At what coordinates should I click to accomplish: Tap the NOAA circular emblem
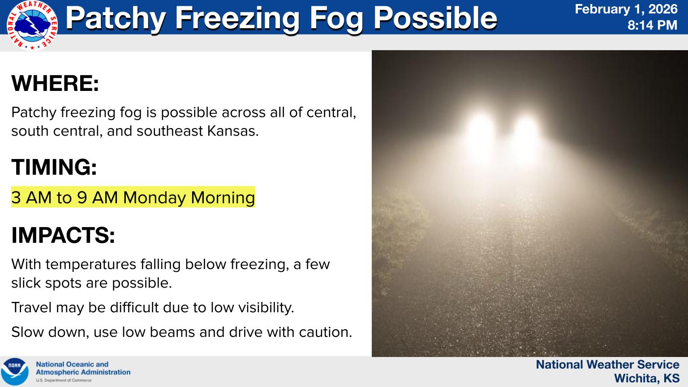[x=15, y=371]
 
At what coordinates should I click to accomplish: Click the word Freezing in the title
[x=237, y=18]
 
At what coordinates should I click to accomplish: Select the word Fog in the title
[x=335, y=18]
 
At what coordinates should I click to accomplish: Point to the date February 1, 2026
[x=626, y=9]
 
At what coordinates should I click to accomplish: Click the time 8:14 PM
[x=652, y=25]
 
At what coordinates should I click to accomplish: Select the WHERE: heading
[x=55, y=83]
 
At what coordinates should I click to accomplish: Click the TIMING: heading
[x=54, y=167]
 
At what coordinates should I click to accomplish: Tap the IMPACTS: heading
[x=63, y=235]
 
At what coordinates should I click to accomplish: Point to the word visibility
[x=267, y=307]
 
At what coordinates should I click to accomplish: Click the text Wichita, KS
[x=646, y=378]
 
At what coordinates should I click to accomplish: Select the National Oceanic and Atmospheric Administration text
[x=83, y=368]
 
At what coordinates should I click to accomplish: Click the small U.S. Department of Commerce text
[x=64, y=380]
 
